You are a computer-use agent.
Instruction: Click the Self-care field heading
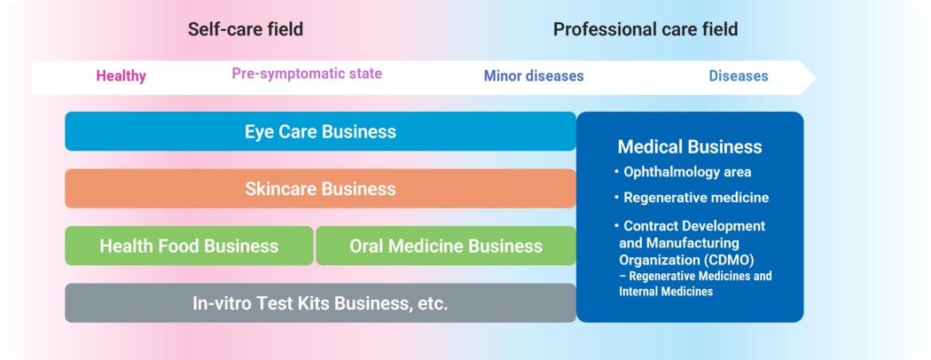pyautogui.click(x=246, y=29)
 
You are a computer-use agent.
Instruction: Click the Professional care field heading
pyautogui.click(x=645, y=29)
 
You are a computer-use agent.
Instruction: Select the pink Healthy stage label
pyautogui.click(x=121, y=76)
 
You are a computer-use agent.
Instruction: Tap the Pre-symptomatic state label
pyautogui.click(x=307, y=74)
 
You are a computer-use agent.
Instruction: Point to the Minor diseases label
pyautogui.click(x=534, y=76)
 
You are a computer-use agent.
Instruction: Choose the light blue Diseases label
pyautogui.click(x=739, y=76)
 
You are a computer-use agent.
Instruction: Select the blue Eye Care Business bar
pyautogui.click(x=320, y=131)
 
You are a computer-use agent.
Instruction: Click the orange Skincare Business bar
pyautogui.click(x=320, y=189)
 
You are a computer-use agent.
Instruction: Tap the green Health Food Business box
pyautogui.click(x=189, y=246)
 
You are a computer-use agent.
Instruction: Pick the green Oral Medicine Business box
pyautogui.click(x=446, y=246)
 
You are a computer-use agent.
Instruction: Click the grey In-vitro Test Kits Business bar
pyautogui.click(x=320, y=303)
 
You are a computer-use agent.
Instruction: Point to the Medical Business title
pyautogui.click(x=690, y=146)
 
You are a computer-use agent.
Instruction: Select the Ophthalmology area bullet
pyautogui.click(x=686, y=172)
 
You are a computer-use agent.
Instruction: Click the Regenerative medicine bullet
pyautogui.click(x=695, y=198)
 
